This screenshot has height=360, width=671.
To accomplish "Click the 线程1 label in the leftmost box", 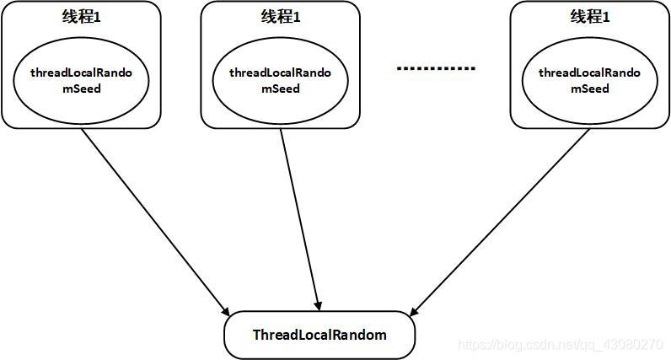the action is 81,18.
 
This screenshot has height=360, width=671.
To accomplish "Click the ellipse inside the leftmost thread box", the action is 81,81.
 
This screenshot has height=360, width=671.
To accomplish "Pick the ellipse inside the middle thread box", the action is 280,81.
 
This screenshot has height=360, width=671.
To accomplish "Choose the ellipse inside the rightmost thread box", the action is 589,81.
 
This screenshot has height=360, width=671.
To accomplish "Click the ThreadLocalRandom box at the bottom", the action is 319,336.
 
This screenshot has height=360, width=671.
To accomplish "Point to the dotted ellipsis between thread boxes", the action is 435,67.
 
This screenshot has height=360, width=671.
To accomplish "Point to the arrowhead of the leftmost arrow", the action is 226,309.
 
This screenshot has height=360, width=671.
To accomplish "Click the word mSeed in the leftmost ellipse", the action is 81,89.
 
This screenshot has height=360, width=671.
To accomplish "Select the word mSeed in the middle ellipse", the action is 280,89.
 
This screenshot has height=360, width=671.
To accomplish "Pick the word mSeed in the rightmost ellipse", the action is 589,89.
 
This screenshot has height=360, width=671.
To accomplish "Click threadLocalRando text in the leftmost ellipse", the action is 81,73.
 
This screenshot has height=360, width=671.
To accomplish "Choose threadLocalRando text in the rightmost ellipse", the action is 589,73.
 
